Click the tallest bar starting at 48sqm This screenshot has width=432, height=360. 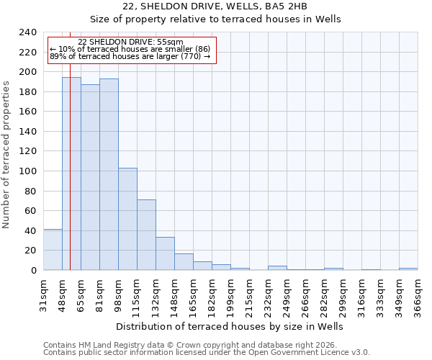click(x=71, y=174)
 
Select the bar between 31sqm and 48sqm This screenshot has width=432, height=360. click(x=53, y=250)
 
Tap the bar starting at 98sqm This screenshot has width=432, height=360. click(x=127, y=219)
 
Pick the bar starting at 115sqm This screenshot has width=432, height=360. click(x=146, y=235)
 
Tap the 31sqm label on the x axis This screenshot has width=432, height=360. click(x=43, y=294)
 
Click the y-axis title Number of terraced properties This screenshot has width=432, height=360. click(x=7, y=154)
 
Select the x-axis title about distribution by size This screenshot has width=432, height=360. click(x=230, y=326)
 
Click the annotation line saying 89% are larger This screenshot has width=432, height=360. click(x=130, y=56)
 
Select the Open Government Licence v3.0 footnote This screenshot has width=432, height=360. click(x=207, y=353)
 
